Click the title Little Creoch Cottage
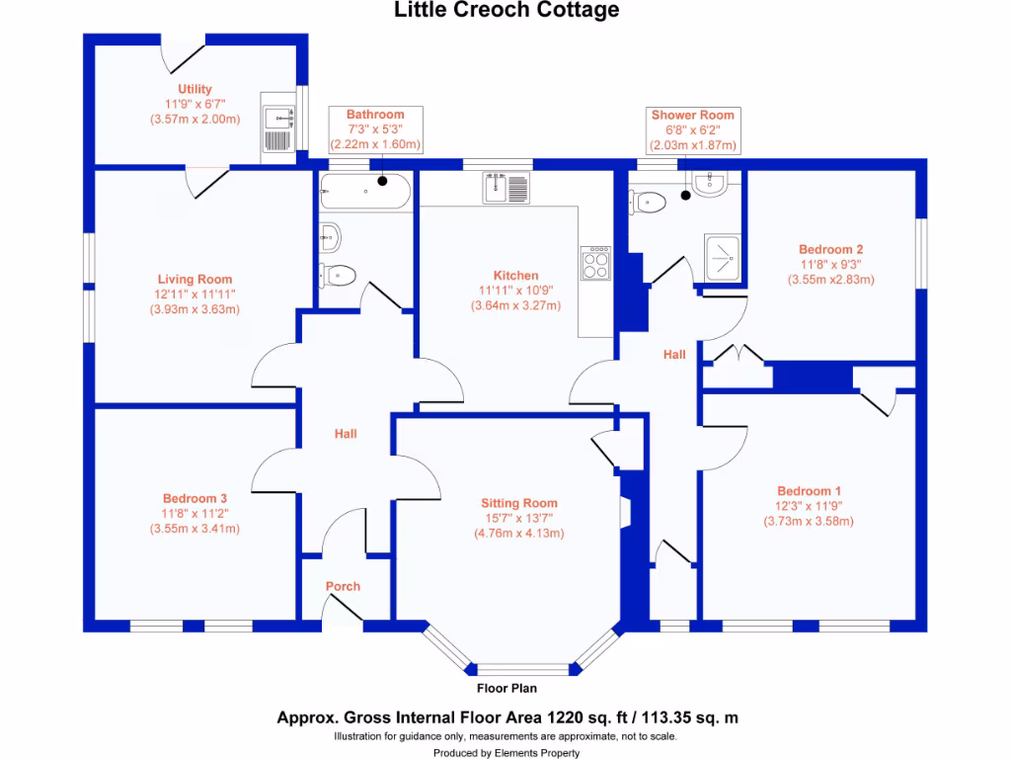(507, 11)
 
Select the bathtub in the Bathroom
(364, 190)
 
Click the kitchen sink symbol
(505, 187)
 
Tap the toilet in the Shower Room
(651, 203)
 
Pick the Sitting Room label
(518, 503)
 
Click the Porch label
(343, 586)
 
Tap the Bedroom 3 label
(194, 498)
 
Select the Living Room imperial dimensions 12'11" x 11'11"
(194, 295)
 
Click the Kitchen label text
(515, 276)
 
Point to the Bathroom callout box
(375, 129)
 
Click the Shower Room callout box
(692, 129)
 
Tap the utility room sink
(280, 120)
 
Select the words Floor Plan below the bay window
(506, 689)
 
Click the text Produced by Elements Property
(506, 752)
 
